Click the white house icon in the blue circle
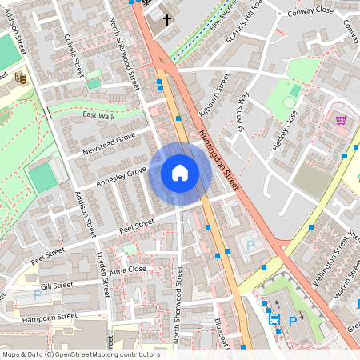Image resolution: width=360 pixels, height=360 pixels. [x=180, y=173]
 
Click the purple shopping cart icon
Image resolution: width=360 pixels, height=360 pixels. [x=342, y=120]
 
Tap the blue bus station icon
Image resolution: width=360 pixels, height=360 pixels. [x=274, y=319]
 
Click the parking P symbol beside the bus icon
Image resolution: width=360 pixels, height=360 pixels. [x=293, y=321]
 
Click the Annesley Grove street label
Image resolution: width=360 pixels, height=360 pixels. [x=121, y=176]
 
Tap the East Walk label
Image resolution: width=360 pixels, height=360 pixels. [x=98, y=117]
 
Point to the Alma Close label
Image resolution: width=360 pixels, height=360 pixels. [x=127, y=270]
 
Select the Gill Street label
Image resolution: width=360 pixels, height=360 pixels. [x=57, y=286]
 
